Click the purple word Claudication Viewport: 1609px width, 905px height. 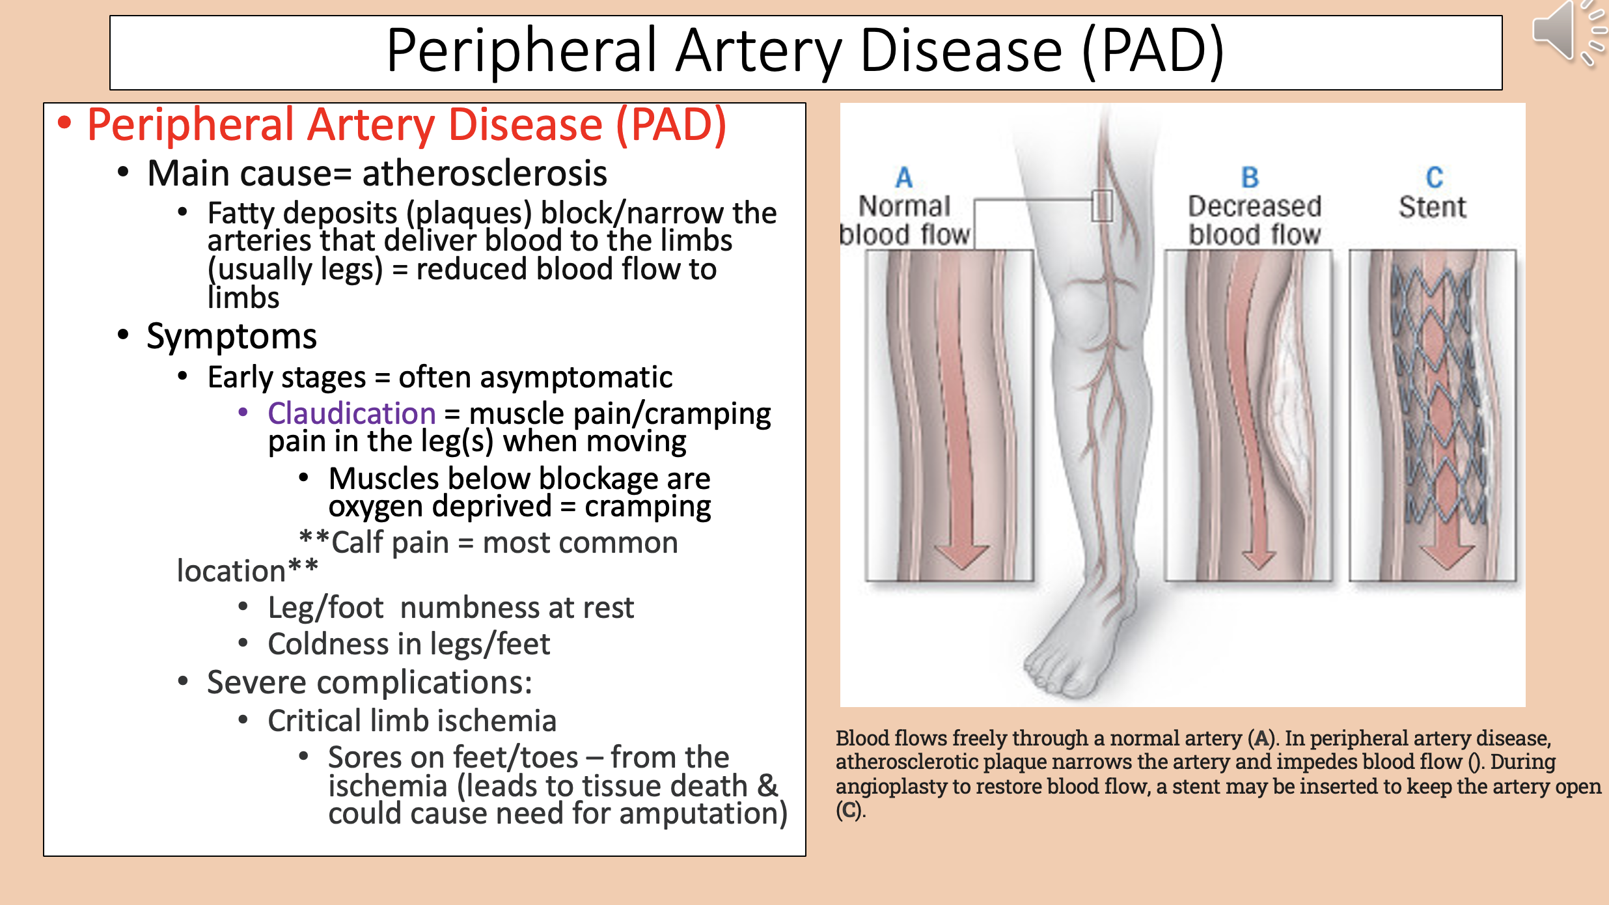(351, 413)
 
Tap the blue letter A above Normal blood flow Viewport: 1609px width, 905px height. (904, 177)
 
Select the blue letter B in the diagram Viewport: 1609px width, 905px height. (1250, 177)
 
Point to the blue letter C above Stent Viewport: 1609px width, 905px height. (1435, 177)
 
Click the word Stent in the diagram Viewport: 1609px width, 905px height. (1432, 208)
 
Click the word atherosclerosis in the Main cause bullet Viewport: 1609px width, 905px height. (484, 173)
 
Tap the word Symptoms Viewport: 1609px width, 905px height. (232, 337)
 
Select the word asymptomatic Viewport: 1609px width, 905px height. (535, 378)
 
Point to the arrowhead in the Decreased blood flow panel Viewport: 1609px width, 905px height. (1258, 559)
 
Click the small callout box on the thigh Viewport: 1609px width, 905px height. (1101, 206)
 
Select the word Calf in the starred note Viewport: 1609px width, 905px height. (357, 543)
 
